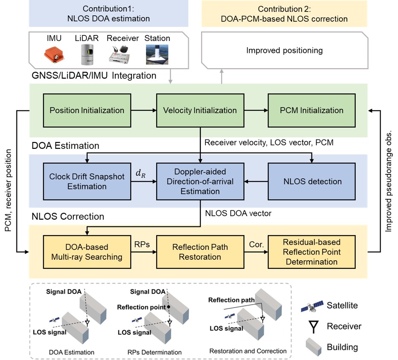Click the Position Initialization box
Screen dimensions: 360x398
click(x=87, y=110)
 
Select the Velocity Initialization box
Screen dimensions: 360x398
click(x=200, y=110)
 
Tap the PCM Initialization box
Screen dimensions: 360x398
click(x=312, y=110)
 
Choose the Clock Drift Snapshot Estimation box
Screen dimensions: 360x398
click(x=87, y=181)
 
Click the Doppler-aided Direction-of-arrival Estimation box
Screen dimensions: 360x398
click(x=200, y=181)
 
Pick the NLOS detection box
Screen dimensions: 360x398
click(x=312, y=181)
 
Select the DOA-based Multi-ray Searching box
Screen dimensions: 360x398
click(x=87, y=252)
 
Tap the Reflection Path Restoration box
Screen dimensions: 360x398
click(x=200, y=252)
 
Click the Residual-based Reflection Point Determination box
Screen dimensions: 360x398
click(x=312, y=252)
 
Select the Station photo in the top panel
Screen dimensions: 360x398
click(x=158, y=54)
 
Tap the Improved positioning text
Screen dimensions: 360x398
click(x=284, y=51)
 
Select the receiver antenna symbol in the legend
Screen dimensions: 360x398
click(x=312, y=327)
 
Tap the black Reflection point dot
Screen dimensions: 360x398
click(x=169, y=307)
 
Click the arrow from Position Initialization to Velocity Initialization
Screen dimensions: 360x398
click(x=143, y=110)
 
